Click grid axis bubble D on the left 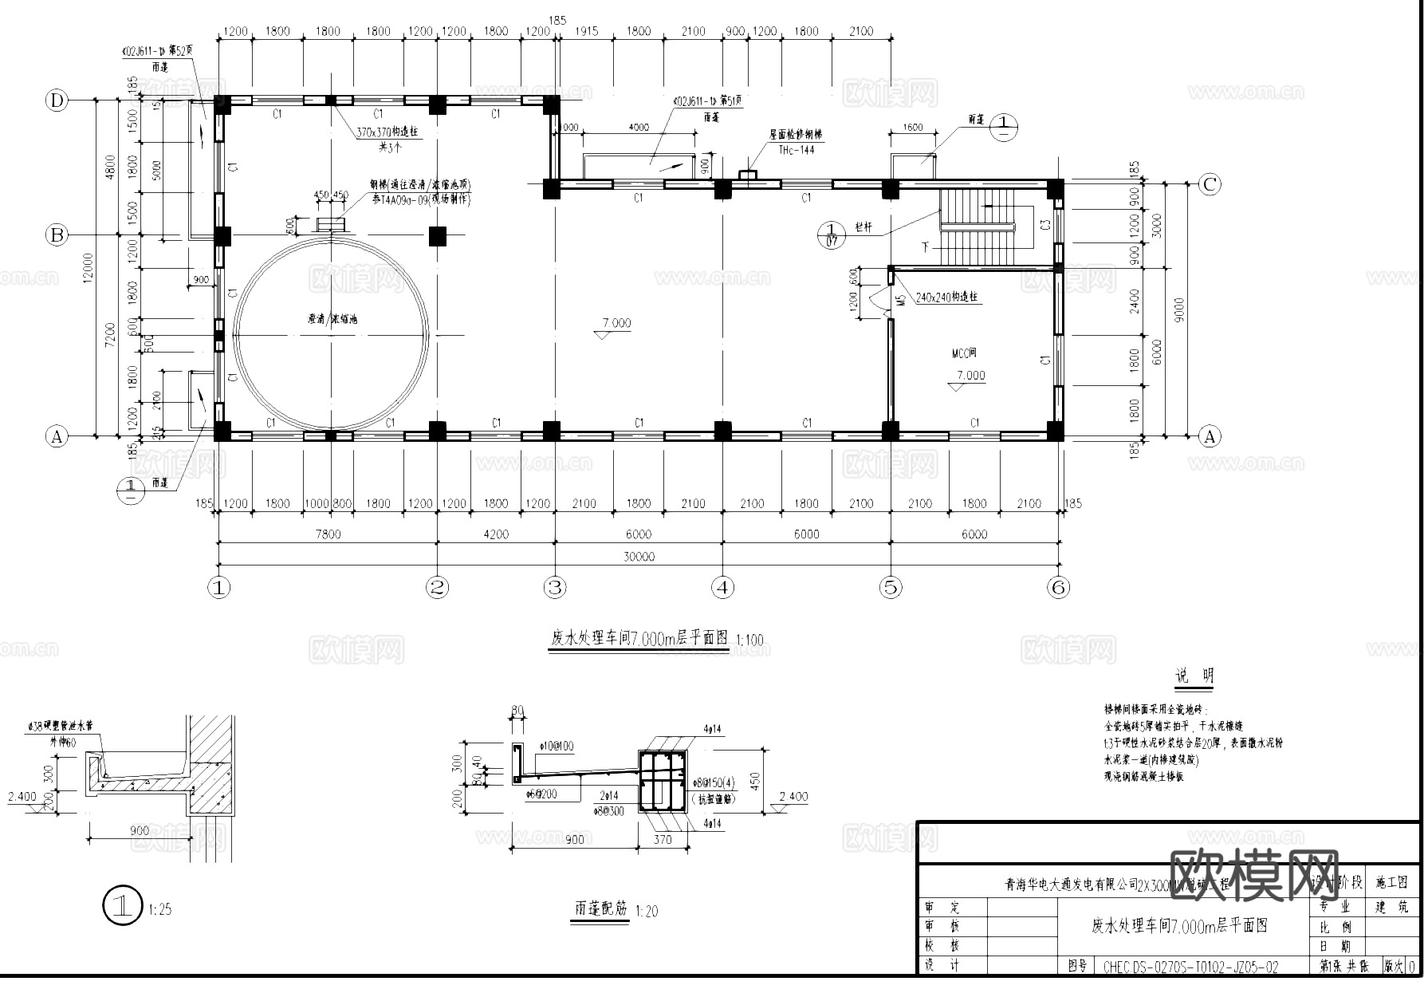(57, 100)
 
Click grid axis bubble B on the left (57, 235)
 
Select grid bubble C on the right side (1210, 184)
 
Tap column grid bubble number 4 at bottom (722, 588)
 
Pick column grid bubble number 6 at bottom (1058, 588)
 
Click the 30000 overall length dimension (638, 557)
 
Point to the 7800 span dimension (327, 534)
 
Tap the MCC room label (964, 353)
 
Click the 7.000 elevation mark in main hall (616, 323)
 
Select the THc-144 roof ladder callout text (791, 149)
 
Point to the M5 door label (900, 301)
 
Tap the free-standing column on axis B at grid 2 (437, 236)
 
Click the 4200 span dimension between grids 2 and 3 (495, 534)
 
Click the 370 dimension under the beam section (663, 838)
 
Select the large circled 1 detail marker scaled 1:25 (122, 906)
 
